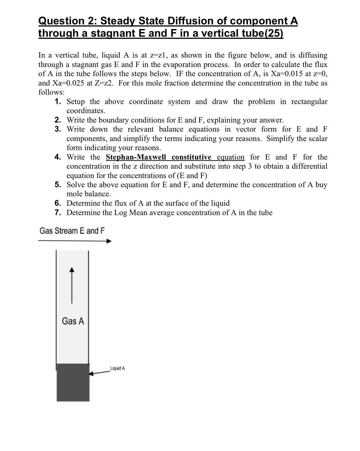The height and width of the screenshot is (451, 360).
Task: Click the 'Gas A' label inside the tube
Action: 73,321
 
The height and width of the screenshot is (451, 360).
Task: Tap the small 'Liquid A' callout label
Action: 118,368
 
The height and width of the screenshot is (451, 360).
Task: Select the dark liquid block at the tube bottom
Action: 73,383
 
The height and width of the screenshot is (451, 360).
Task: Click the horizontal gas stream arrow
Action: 75,241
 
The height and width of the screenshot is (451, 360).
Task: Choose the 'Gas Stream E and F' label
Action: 72,231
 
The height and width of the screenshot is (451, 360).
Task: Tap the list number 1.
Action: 58,102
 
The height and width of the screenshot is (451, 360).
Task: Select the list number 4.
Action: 58,157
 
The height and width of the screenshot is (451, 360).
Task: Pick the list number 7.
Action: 58,213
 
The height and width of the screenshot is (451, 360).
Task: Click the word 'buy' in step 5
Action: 321,185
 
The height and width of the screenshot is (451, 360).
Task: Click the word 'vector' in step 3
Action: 246,130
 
